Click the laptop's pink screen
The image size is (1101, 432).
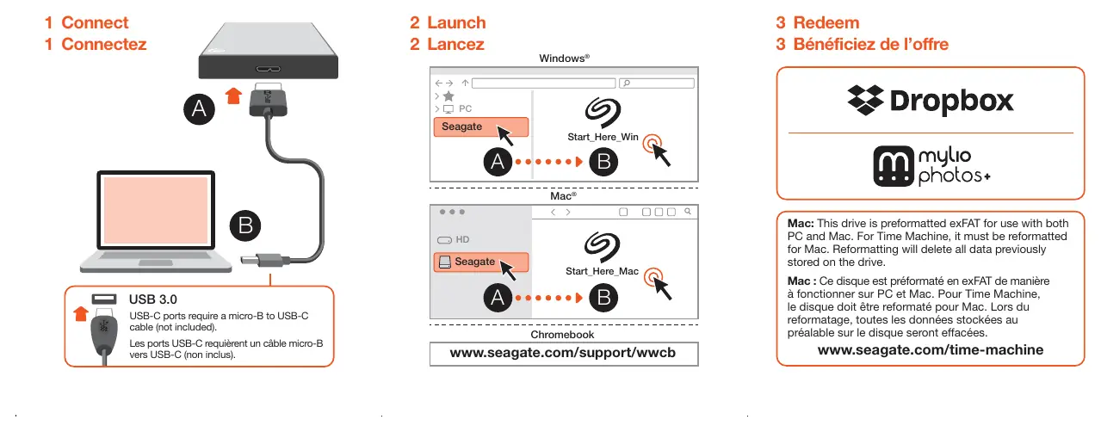tap(156, 210)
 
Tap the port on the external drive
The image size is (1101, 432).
tap(268, 70)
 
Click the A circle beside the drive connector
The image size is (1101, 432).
tap(199, 108)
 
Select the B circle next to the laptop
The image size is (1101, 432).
tap(245, 225)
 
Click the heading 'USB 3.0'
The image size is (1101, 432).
tap(153, 299)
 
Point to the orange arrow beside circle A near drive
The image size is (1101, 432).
tap(233, 96)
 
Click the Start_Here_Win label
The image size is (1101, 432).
tap(603, 137)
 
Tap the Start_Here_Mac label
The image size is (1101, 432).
tap(602, 271)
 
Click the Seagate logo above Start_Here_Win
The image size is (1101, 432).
tap(603, 113)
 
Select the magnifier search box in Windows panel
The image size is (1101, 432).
tap(657, 83)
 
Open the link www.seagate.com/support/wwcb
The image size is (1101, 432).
tap(563, 353)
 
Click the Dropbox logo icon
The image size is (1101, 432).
tap(865, 101)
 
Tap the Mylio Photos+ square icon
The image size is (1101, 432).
tap(894, 166)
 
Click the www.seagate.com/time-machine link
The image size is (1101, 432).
tap(931, 350)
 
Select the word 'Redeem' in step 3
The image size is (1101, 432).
tap(826, 22)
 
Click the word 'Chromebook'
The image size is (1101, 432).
tap(562, 335)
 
